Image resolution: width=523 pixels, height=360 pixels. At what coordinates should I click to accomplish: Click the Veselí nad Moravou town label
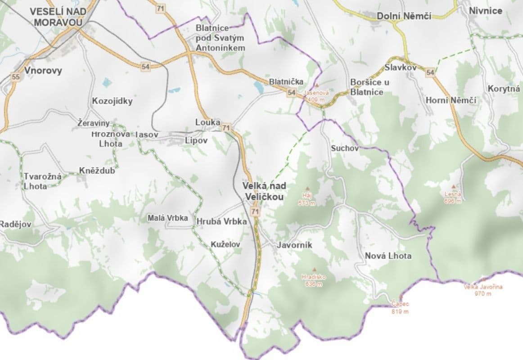(x=56, y=17)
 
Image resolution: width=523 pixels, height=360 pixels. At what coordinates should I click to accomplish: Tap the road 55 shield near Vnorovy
(x=16, y=77)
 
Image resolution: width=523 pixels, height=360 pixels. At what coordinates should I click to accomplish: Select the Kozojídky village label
(x=112, y=101)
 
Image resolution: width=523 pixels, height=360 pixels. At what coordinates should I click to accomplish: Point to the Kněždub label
(x=97, y=171)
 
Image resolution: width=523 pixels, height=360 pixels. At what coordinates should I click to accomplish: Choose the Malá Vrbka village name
(x=168, y=218)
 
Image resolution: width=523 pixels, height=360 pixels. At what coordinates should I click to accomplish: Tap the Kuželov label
(x=225, y=244)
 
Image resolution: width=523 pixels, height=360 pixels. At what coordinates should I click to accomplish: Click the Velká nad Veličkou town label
(x=264, y=191)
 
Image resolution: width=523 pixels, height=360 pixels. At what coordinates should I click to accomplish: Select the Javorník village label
(x=294, y=245)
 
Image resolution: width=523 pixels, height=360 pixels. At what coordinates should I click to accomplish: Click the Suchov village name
(x=344, y=148)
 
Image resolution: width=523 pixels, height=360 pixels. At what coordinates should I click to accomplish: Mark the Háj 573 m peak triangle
(x=308, y=189)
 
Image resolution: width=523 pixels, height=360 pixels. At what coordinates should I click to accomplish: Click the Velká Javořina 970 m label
(x=483, y=290)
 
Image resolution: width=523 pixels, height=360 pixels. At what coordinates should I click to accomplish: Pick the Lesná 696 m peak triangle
(x=453, y=186)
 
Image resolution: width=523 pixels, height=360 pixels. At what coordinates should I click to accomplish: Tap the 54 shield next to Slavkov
(x=430, y=72)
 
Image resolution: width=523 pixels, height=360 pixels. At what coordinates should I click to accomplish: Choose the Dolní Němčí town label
(x=404, y=16)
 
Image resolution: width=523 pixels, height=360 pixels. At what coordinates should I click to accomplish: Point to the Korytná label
(x=504, y=89)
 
